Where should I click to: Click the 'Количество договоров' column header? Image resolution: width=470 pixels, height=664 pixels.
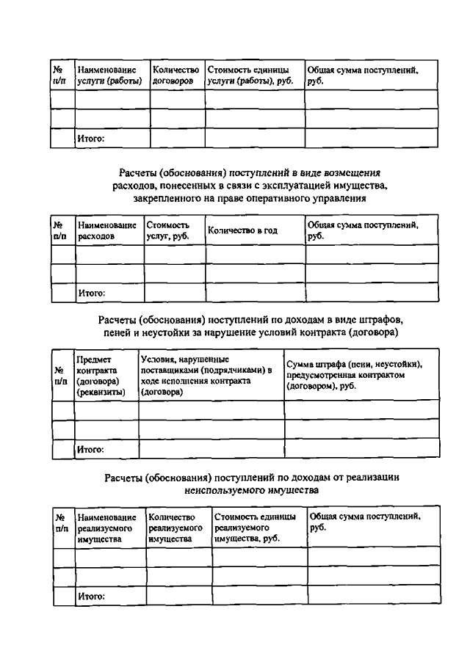[x=176, y=75]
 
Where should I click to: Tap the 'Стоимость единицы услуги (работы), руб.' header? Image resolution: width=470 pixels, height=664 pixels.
[x=253, y=75]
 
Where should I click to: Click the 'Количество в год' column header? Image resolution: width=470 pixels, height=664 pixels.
[x=242, y=230]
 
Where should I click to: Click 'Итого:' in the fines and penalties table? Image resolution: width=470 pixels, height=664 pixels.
[x=90, y=448]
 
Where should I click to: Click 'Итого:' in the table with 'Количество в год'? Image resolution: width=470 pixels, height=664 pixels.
[x=92, y=293]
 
